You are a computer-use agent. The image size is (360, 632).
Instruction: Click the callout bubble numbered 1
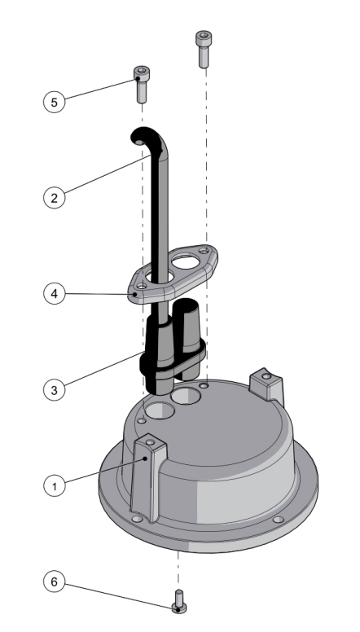[x=54, y=485]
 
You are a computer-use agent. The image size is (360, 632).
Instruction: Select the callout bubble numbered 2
[x=54, y=198]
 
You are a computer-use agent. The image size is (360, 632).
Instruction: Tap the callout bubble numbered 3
[x=54, y=390]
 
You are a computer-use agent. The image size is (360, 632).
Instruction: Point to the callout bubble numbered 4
[x=54, y=293]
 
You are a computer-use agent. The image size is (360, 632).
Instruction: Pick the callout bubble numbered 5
[x=54, y=102]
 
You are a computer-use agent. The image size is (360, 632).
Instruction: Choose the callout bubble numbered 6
[x=54, y=582]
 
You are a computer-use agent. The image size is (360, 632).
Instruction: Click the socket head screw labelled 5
[x=142, y=84]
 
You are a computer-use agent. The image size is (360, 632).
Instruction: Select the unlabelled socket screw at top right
[x=204, y=49]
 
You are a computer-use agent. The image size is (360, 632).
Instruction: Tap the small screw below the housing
[x=179, y=601]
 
